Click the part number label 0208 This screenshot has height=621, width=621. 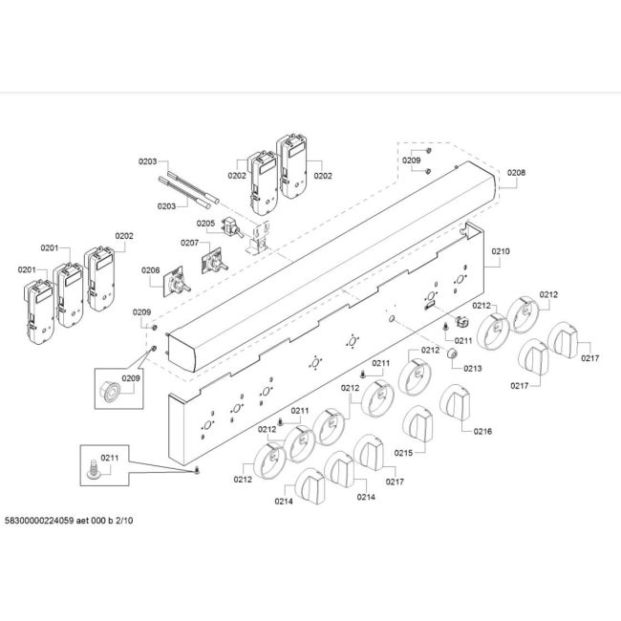coord(516,172)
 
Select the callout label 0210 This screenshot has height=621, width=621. coord(501,251)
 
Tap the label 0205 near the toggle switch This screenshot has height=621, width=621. coord(205,224)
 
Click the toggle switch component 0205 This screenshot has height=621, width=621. coord(234,228)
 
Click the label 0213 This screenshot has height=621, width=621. coord(473,369)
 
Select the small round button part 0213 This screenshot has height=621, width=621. coord(452,353)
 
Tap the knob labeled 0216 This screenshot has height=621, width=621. coord(455,402)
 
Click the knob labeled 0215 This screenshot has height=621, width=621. coord(418,424)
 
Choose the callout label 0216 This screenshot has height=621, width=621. coord(482,431)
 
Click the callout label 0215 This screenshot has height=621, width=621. coord(403,453)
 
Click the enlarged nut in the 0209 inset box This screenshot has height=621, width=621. coord(110,392)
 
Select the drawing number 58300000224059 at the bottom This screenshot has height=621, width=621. coord(39,521)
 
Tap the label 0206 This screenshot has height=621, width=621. coord(151,270)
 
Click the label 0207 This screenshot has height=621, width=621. coord(190,243)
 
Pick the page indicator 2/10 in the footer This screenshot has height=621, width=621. coord(124,521)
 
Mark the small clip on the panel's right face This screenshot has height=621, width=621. coord(461,321)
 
